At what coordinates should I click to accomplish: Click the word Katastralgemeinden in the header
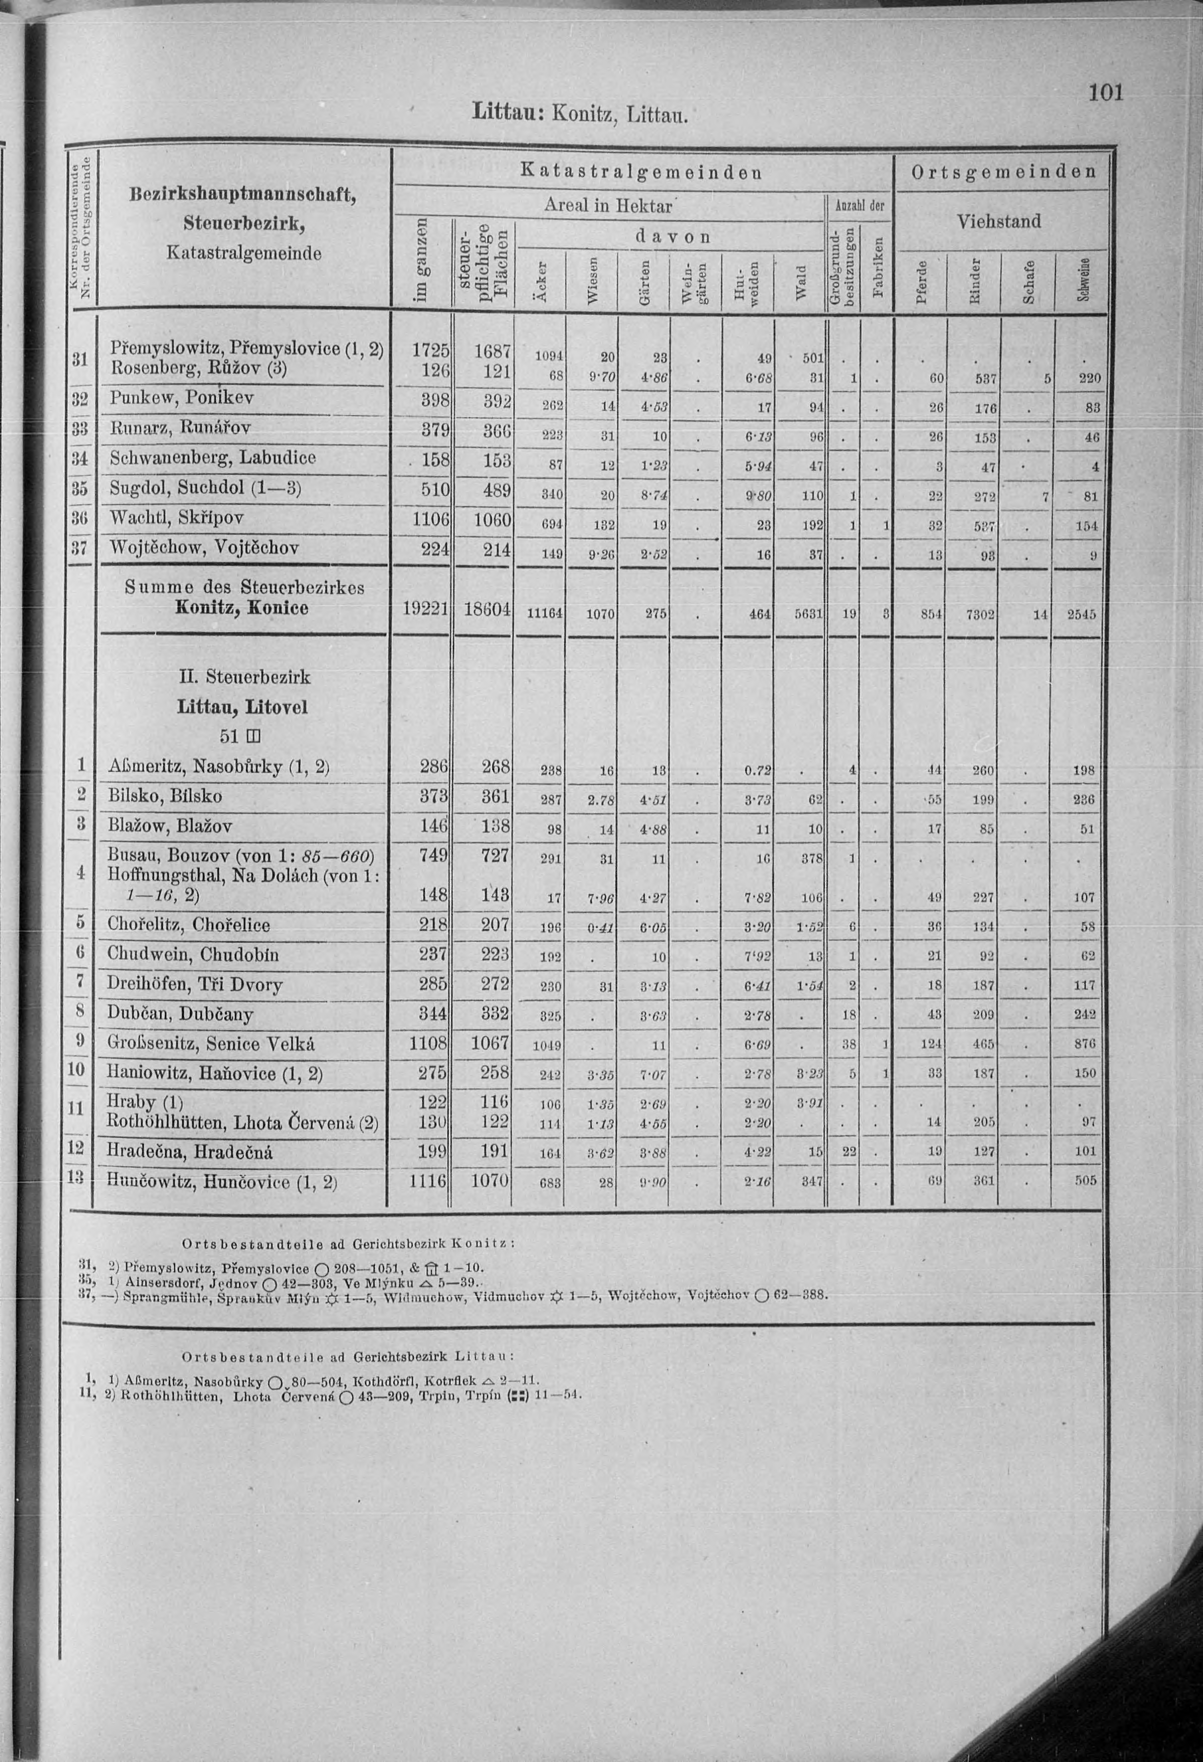click(x=641, y=172)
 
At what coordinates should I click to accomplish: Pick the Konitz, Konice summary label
click(x=241, y=607)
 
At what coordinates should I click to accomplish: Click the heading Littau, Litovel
click(x=242, y=706)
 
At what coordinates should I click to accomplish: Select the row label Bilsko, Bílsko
click(x=165, y=795)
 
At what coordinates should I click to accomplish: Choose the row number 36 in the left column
click(x=80, y=518)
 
